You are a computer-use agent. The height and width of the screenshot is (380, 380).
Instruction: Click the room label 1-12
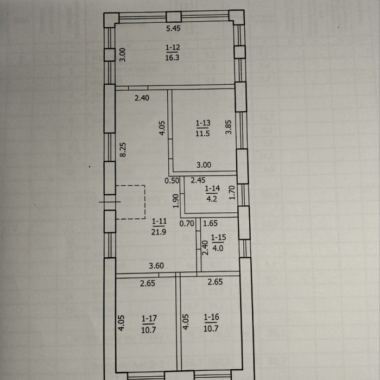[173, 48]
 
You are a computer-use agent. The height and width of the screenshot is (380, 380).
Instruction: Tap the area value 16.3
[172, 58]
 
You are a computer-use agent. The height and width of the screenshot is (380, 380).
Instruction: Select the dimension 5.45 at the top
[173, 28]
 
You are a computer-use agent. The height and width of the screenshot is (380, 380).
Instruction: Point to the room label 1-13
[203, 123]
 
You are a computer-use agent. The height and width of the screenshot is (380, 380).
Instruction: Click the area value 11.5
[202, 134]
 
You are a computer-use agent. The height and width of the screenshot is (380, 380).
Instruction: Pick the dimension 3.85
[229, 127]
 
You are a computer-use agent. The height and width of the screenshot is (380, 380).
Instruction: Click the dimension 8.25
[123, 149]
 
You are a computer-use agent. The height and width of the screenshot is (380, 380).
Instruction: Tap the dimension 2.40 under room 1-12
[142, 98]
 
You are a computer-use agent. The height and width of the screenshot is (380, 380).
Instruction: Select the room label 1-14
[213, 188]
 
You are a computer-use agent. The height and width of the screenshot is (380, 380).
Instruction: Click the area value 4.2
[212, 199]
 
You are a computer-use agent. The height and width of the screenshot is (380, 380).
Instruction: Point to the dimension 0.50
[172, 181]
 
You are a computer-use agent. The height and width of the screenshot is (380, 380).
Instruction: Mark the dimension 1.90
[176, 201]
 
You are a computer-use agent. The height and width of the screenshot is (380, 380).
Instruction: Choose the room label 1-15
[218, 238]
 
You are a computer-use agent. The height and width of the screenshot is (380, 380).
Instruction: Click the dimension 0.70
[187, 223]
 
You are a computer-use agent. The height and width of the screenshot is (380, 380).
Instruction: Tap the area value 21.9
[159, 232]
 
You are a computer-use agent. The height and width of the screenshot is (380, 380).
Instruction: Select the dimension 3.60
[156, 266]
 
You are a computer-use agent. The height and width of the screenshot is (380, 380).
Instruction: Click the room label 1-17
[149, 319]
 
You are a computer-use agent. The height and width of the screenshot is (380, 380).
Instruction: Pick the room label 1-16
[212, 317]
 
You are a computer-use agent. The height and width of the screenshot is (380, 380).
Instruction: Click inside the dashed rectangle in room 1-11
[131, 202]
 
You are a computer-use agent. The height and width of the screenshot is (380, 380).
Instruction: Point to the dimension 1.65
[210, 223]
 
